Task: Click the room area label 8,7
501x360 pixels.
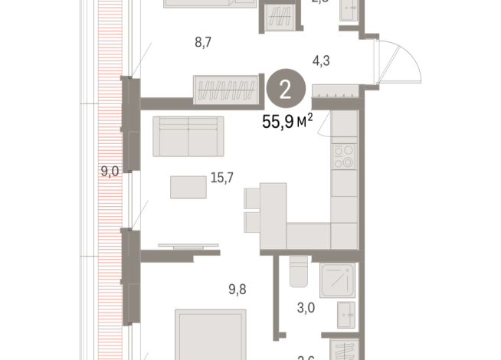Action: [x=203, y=42]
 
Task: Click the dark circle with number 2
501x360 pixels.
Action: [x=286, y=90]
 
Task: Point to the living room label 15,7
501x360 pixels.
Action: [x=221, y=178]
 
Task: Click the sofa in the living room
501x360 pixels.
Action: [x=188, y=136]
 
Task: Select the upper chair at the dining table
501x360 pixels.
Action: [x=252, y=198]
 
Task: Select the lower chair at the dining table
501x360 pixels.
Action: [x=252, y=223]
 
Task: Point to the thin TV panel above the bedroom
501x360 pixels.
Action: [x=189, y=247]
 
